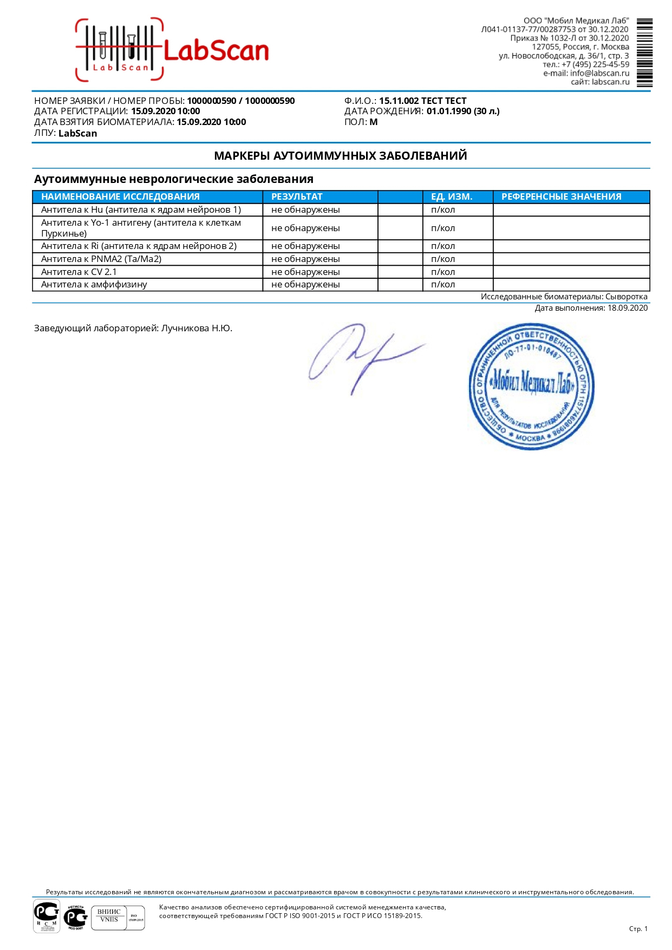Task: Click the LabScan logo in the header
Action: coord(172,50)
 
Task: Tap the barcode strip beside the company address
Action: coord(644,53)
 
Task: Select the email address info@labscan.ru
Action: coord(599,73)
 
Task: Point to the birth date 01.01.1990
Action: coord(449,112)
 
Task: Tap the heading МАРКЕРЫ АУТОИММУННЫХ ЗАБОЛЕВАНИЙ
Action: coord(341,156)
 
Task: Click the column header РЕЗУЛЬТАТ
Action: coord(297,196)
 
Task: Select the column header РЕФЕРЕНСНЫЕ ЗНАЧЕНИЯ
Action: coord(561,196)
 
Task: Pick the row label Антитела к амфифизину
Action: coord(94,285)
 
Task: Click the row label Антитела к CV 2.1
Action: coord(79,272)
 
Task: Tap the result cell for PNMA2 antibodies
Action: coord(305,259)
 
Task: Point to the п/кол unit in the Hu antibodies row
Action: coord(443,209)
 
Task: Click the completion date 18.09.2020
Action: coord(627,308)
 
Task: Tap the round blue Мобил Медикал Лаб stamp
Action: coord(531,386)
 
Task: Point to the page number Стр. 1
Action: coord(638,928)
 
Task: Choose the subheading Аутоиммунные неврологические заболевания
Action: coord(174,179)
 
